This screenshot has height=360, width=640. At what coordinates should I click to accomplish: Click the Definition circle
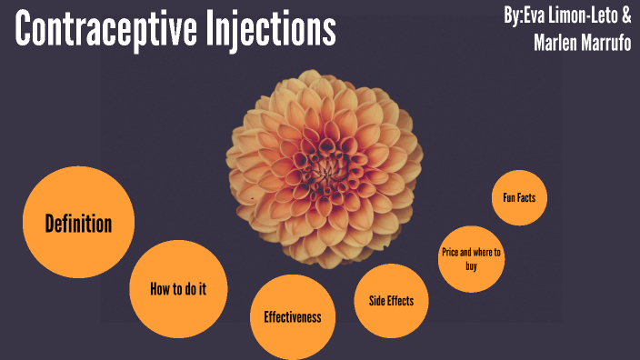78,223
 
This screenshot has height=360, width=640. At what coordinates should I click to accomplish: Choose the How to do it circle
178,289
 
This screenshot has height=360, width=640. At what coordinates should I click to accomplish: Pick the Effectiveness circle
293,317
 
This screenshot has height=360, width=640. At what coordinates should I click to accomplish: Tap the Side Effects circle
392,301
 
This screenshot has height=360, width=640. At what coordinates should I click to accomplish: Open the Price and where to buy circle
471,259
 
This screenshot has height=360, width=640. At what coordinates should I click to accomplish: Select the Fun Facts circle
519,195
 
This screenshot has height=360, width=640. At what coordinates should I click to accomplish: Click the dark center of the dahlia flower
325,167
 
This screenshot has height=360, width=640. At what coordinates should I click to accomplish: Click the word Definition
78,223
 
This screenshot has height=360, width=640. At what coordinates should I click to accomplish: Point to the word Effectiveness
293,317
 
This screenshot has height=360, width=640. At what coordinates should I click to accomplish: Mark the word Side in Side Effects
375,301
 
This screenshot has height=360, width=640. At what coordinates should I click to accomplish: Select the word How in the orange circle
161,289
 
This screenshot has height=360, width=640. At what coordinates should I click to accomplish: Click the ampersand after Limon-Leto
626,15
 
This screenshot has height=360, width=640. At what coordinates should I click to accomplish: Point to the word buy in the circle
470,267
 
